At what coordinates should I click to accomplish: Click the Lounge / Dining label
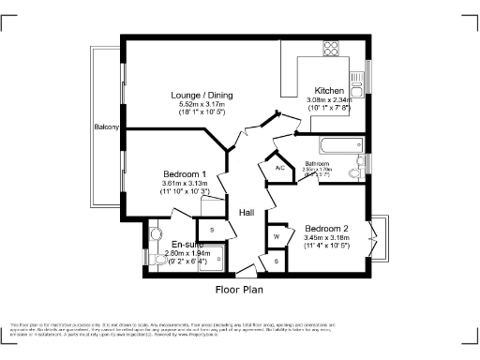tap(202, 96)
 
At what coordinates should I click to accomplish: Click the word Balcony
tap(106, 127)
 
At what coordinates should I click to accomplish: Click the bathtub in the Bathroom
tap(337, 146)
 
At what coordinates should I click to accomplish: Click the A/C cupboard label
tap(279, 167)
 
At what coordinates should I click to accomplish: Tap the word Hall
tap(247, 212)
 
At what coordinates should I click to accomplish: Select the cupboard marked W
tap(277, 236)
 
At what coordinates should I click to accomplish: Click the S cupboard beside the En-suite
tap(211, 230)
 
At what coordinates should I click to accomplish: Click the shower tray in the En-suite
tap(213, 256)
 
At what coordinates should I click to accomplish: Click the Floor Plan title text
tap(240, 290)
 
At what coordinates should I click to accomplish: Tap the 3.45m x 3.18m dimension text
tap(326, 239)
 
